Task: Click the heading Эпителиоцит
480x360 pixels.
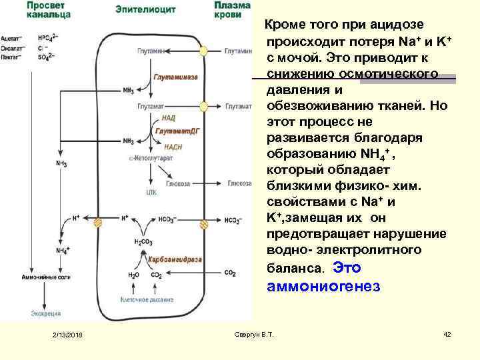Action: (137, 8)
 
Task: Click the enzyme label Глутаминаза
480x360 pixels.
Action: (175, 77)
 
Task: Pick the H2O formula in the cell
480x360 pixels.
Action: (133, 273)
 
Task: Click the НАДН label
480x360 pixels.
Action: (169, 147)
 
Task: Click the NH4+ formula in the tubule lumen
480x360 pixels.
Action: (61, 250)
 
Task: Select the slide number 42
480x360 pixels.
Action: (447, 333)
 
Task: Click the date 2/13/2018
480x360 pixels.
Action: (65, 333)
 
